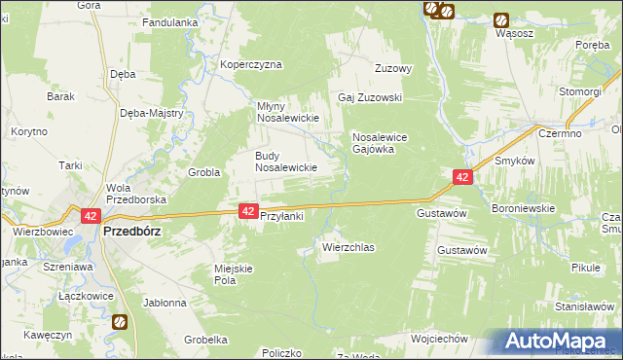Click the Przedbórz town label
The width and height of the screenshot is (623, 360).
[131, 233]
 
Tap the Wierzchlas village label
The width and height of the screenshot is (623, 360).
[348, 248]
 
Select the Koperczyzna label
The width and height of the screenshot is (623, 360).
[250, 65]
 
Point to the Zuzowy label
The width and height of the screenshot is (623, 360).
[395, 69]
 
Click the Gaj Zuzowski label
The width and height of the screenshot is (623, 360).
[370, 98]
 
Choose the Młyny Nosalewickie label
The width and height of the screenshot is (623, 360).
[288, 112]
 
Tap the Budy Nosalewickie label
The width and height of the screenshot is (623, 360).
[286, 162]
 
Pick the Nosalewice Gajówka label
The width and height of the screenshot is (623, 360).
[385, 144]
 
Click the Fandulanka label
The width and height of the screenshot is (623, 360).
[170, 21]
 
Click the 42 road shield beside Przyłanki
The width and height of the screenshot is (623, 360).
[248, 210]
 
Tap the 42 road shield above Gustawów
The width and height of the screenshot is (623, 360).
[462, 176]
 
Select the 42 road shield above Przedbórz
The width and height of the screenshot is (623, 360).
[91, 216]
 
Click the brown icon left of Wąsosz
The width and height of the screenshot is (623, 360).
[500, 19]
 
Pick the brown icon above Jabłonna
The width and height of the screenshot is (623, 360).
[119, 322]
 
